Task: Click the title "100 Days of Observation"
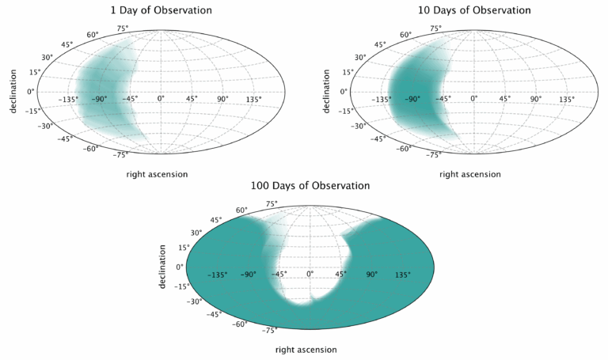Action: (310, 186)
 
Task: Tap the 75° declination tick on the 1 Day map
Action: (123, 28)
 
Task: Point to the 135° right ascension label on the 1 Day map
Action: (253, 100)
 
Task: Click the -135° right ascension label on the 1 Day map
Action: (70, 100)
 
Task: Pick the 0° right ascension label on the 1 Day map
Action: (161, 100)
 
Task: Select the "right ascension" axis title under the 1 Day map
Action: (158, 173)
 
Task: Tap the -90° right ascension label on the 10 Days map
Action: (412, 100)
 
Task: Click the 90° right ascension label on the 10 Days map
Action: (536, 100)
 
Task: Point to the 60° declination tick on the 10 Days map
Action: (406, 35)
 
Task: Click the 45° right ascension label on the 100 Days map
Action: (340, 275)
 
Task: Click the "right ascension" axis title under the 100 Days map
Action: (306, 349)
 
